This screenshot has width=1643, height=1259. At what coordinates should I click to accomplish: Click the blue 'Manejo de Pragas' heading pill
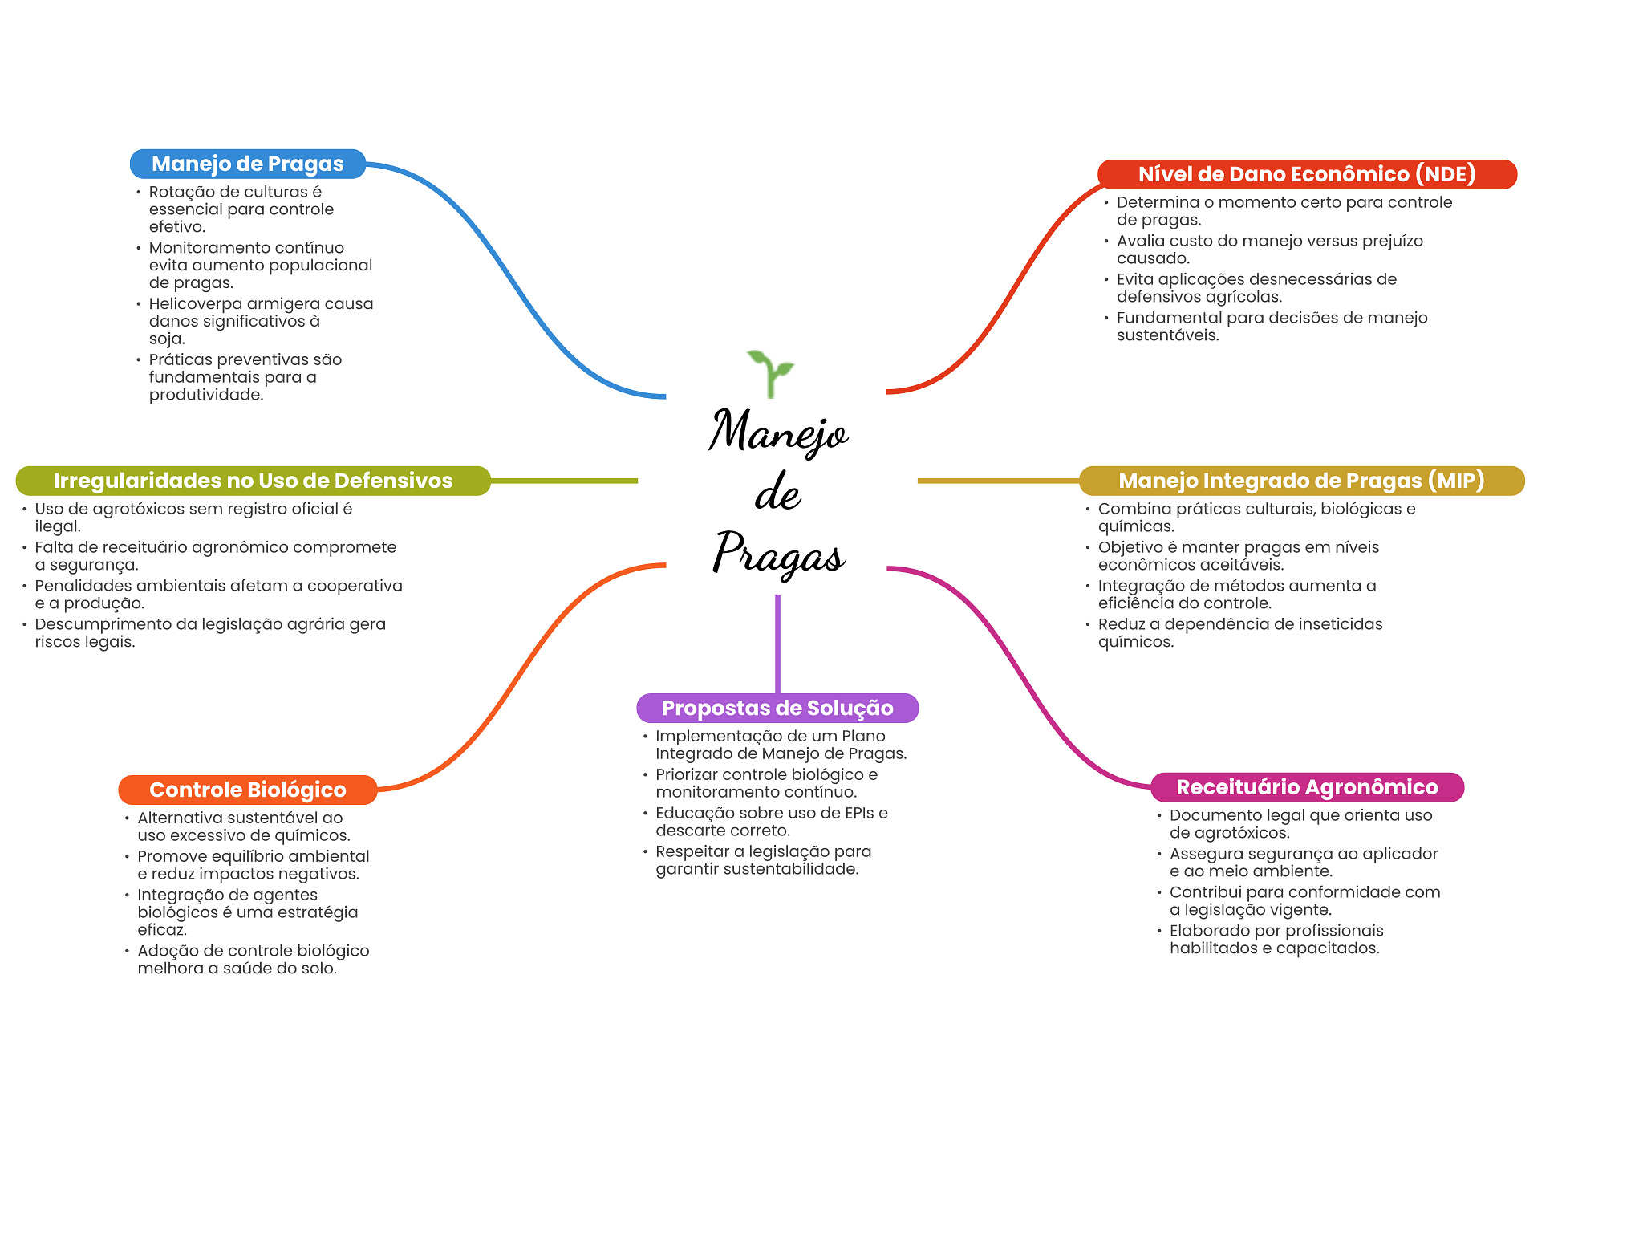pyautogui.click(x=247, y=164)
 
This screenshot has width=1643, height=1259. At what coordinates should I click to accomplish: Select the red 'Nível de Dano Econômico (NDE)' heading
pyautogui.click(x=1306, y=174)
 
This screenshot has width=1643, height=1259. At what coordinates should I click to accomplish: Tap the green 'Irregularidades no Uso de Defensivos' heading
pyautogui.click(x=253, y=481)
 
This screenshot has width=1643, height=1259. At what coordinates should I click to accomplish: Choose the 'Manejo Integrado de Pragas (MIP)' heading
pyautogui.click(x=1301, y=481)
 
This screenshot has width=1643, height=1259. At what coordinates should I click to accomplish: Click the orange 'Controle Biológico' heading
pyautogui.click(x=247, y=790)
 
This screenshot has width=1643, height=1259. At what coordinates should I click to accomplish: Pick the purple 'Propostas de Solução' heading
pyautogui.click(x=777, y=708)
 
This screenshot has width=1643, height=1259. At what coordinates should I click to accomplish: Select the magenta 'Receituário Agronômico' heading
pyautogui.click(x=1307, y=787)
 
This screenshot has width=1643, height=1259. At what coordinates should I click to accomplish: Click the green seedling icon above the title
pyautogui.click(x=770, y=372)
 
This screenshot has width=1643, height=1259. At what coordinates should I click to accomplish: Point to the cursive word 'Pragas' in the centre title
pyautogui.click(x=778, y=554)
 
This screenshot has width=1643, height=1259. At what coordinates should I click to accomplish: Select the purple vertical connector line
pyautogui.click(x=777, y=642)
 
